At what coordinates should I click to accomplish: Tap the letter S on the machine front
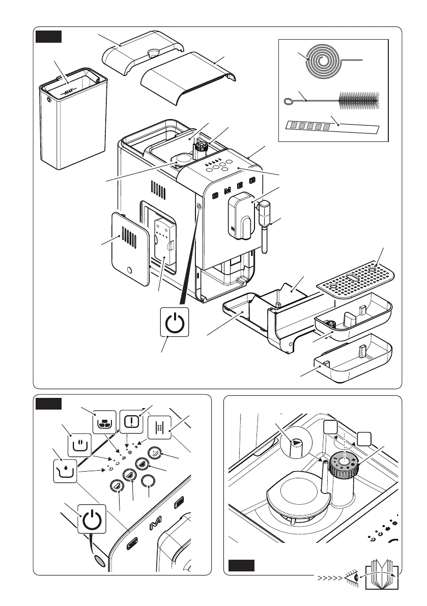214,196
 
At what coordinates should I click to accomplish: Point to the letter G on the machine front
253,181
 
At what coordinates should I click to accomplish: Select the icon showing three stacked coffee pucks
103,422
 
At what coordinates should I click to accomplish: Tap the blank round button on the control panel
148,481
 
